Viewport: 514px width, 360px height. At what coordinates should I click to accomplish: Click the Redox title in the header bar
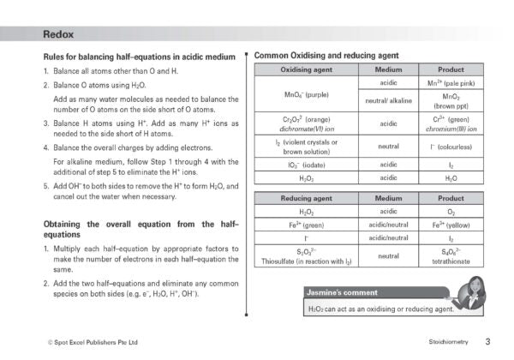point(58,34)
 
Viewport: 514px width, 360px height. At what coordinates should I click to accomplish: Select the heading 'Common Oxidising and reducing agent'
point(326,56)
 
